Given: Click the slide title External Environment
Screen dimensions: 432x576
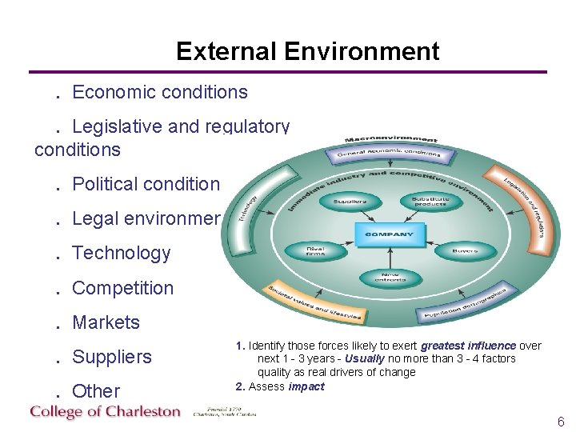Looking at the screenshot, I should [x=307, y=51].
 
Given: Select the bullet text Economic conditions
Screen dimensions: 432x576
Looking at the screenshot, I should [x=159, y=92].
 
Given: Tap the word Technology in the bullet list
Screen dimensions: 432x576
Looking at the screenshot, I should [x=121, y=253].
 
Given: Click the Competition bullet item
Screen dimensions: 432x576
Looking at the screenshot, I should [x=122, y=288].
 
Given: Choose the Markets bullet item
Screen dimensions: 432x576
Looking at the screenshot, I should [x=106, y=322].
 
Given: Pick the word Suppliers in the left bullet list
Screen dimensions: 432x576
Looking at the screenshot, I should [x=111, y=357].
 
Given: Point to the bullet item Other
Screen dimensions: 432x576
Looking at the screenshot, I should [x=95, y=391].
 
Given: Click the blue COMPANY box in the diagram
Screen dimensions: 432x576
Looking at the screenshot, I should [x=390, y=234].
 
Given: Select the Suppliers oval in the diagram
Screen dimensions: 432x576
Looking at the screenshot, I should [x=349, y=202].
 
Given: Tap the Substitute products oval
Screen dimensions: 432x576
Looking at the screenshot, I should [x=430, y=202].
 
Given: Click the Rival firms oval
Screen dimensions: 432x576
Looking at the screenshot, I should [x=315, y=251].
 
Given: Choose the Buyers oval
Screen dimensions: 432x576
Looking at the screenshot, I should [x=464, y=251].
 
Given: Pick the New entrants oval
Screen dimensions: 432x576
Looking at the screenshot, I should [x=390, y=277].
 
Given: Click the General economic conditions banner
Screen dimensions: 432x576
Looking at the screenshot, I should [x=389, y=154].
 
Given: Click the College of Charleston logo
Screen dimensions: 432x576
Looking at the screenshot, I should [x=105, y=412].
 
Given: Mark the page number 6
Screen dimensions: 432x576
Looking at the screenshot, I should [x=561, y=422].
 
